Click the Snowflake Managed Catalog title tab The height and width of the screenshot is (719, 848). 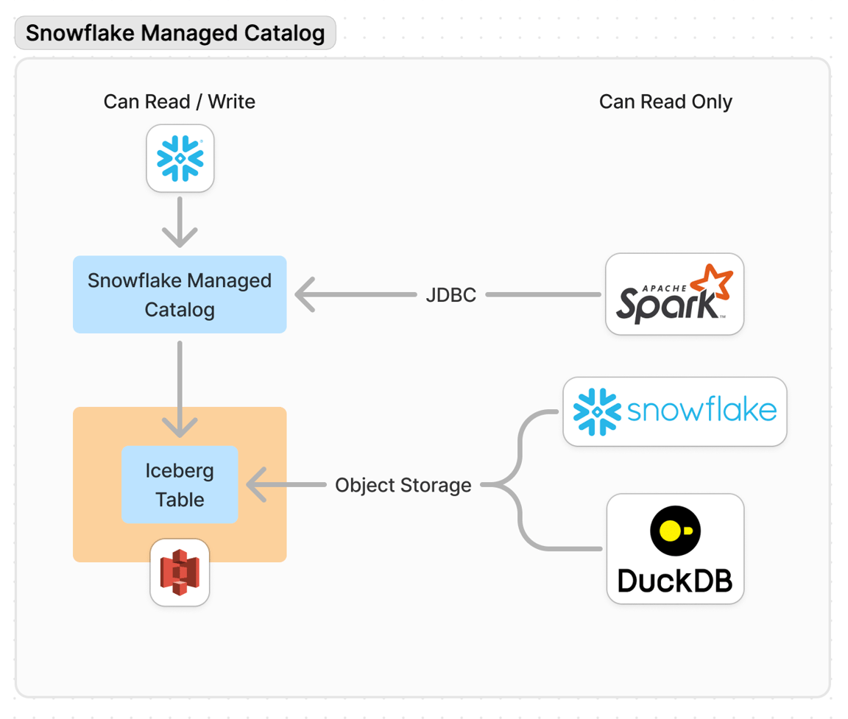click(x=175, y=33)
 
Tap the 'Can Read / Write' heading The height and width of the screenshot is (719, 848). click(x=179, y=102)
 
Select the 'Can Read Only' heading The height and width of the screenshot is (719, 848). click(x=665, y=102)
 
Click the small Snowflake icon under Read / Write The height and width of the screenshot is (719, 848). click(x=180, y=158)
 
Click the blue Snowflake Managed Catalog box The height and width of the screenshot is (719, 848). click(x=180, y=294)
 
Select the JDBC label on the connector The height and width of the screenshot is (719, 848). click(x=451, y=295)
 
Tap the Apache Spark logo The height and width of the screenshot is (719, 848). click(x=674, y=294)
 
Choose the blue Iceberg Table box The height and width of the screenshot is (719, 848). click(x=180, y=484)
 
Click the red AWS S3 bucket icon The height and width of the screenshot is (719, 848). click(x=180, y=573)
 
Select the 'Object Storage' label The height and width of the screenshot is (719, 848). click(x=403, y=485)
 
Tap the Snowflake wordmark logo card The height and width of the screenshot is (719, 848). click(x=674, y=411)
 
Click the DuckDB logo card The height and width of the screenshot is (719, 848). click(x=674, y=549)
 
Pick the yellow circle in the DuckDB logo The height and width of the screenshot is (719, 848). click(x=671, y=530)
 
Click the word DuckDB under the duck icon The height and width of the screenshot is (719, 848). click(x=674, y=580)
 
